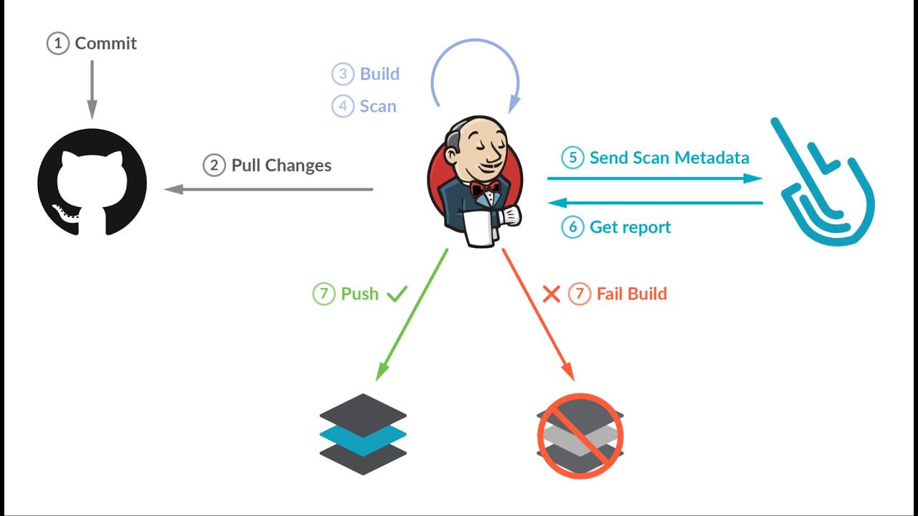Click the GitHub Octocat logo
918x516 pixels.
pyautogui.click(x=92, y=183)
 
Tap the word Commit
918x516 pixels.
pyautogui.click(x=105, y=44)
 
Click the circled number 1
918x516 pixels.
pyautogui.click(x=58, y=44)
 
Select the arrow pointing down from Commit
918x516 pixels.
pyautogui.click(x=92, y=90)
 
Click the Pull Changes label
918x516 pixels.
pyautogui.click(x=281, y=166)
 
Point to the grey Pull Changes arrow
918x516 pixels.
pyautogui.click(x=269, y=189)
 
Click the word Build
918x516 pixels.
pyautogui.click(x=379, y=74)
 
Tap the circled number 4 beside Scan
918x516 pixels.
pyautogui.click(x=343, y=106)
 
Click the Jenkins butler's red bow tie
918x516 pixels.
pyautogui.click(x=486, y=188)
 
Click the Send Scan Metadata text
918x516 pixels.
pyautogui.click(x=669, y=158)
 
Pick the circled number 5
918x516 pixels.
pyautogui.click(x=572, y=158)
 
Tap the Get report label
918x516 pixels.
pyautogui.click(x=630, y=227)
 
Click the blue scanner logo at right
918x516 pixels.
pyautogui.click(x=825, y=186)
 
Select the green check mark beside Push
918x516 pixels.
pyautogui.click(x=397, y=293)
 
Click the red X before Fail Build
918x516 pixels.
pyautogui.click(x=551, y=294)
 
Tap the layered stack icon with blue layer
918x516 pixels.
pyautogui.click(x=363, y=434)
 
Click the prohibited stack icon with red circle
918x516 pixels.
pyautogui.click(x=580, y=434)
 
